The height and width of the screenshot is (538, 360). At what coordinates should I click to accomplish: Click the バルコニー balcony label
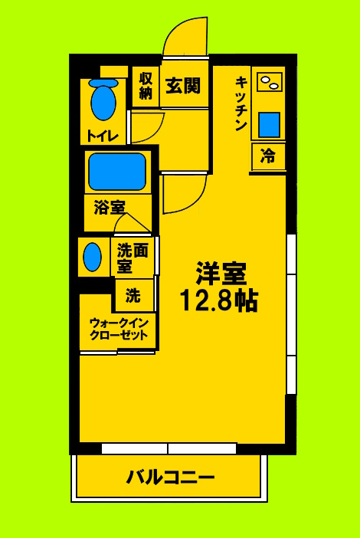[x=170, y=477]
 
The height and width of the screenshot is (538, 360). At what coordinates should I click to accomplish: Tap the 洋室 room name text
[x=221, y=274]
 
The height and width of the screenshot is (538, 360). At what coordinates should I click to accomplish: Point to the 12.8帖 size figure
[x=218, y=300]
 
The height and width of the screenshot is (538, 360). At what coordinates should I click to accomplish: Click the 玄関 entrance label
[x=184, y=85]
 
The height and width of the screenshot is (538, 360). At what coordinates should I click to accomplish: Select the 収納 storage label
[x=146, y=86]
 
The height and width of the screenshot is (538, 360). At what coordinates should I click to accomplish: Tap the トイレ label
[x=102, y=136]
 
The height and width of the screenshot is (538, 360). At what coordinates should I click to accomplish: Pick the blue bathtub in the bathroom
[x=117, y=172]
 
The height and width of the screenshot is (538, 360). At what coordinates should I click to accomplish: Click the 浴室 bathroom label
[x=109, y=207]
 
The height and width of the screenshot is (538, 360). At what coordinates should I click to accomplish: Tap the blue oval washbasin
[x=92, y=257]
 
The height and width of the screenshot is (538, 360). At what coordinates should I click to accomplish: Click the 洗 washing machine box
[x=133, y=294]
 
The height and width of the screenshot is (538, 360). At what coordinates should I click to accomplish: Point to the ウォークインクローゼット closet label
[x=118, y=330]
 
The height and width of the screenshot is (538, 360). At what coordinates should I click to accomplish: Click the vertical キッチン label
[x=241, y=103]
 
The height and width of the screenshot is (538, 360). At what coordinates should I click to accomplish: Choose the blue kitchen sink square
[x=269, y=123]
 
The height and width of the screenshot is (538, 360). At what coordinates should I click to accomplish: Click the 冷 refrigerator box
[x=268, y=156]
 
